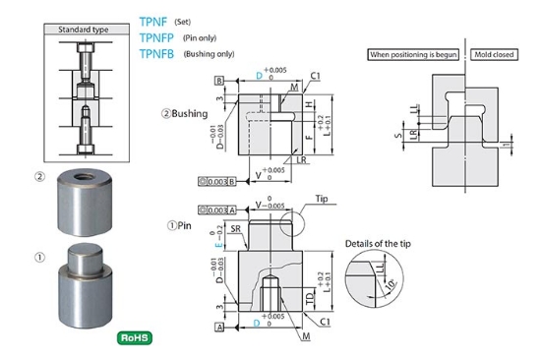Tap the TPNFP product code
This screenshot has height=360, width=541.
[165, 38]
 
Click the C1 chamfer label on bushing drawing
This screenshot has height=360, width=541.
[315, 75]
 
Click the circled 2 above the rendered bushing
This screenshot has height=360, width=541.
[39, 178]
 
